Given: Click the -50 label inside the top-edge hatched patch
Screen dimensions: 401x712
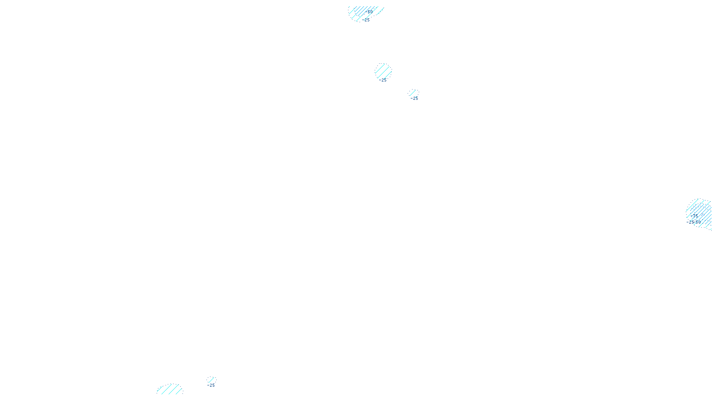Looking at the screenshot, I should pos(369,12).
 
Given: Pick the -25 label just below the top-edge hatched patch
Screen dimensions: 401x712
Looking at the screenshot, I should pos(366,20).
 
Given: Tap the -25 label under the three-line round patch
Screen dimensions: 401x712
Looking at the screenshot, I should pos(383,81).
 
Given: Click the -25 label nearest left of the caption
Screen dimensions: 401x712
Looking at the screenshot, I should pos(211,385).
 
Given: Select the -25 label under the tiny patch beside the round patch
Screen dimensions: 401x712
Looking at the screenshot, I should pos(414,98).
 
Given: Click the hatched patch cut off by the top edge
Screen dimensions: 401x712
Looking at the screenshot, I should pos(363,12).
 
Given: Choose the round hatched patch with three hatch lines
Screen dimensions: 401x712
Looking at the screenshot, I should pos(383,71).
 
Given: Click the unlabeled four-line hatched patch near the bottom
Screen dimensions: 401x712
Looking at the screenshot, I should pos(170,389).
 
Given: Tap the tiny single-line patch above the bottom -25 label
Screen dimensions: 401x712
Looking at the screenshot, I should pos(211,380).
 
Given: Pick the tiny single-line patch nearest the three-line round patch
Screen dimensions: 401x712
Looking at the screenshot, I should pos(413,93).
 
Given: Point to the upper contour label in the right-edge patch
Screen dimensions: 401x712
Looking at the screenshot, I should pos(694,216).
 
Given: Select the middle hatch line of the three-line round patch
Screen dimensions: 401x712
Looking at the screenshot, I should pos(383,71).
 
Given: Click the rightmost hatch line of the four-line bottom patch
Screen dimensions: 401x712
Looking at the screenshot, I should pos(179,391).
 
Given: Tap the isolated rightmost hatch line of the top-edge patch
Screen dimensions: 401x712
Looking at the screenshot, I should pos(380,11).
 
